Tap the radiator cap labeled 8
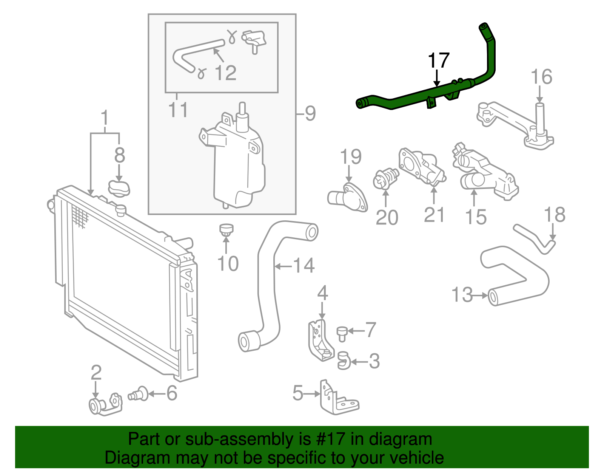119,188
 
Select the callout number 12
225,73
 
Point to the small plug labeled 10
226,229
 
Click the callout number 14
304,266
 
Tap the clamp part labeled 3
344,361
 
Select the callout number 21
434,215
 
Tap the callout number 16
541,77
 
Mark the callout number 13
462,294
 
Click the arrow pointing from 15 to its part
474,197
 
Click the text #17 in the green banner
328,439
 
